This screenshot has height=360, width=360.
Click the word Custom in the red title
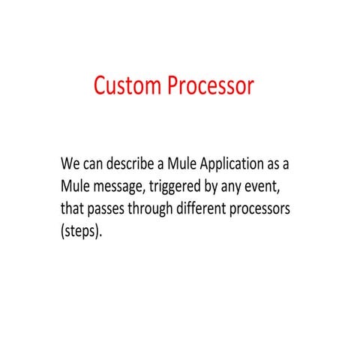tap(128, 86)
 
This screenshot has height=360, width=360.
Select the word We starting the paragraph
tap(70, 163)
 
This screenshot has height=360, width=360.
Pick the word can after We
tap(94, 163)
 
